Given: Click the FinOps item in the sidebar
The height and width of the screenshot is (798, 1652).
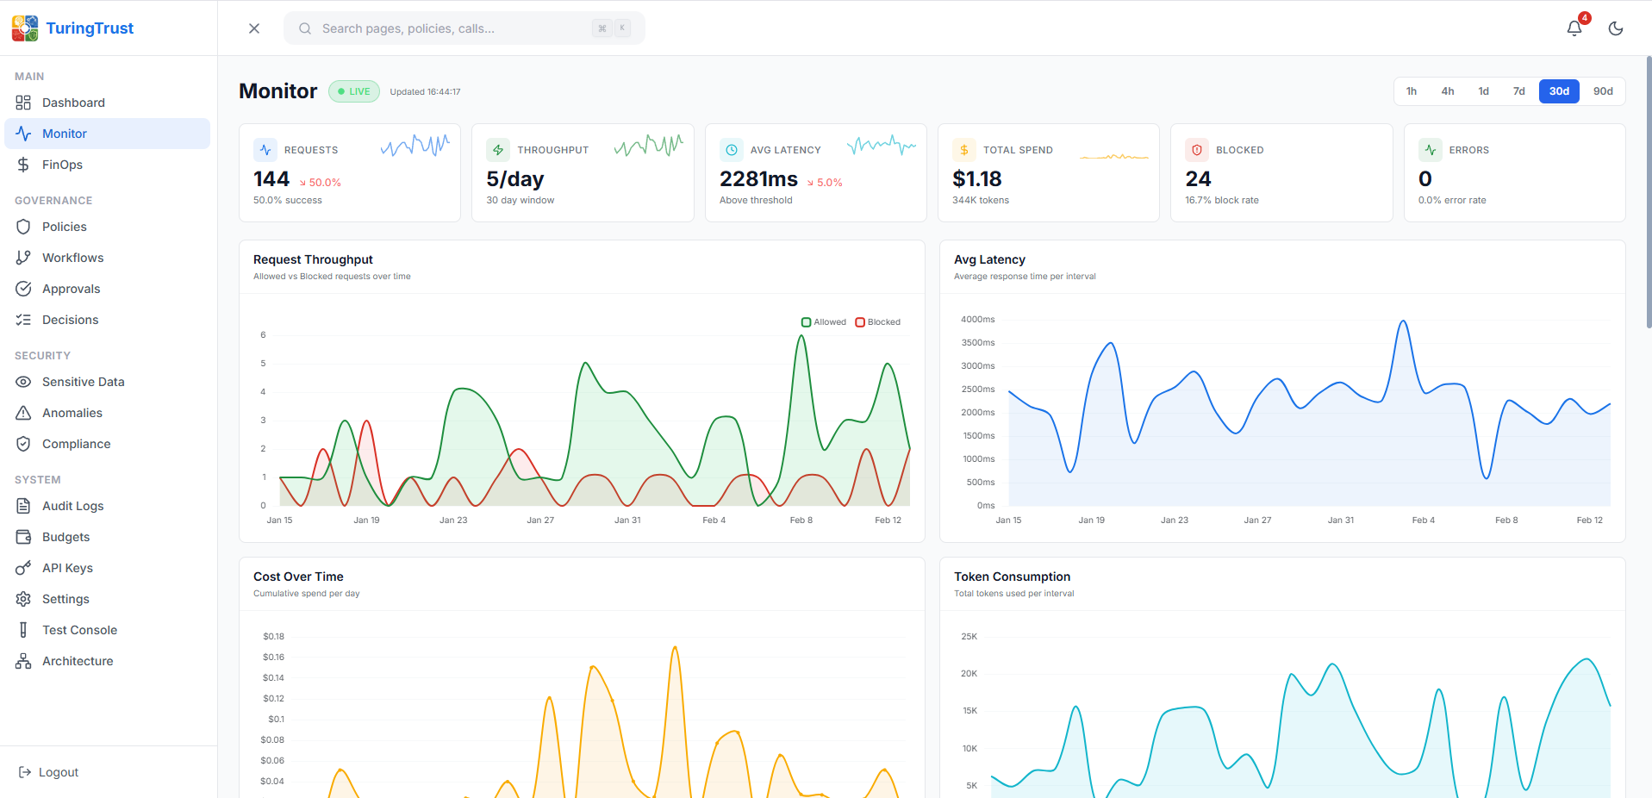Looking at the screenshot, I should pos(62,165).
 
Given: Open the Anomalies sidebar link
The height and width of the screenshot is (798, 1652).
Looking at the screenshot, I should pos(72,413).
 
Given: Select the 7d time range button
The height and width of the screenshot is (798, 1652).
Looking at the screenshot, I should pos(1518,91).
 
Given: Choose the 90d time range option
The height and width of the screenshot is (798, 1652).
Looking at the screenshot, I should pos(1602,91).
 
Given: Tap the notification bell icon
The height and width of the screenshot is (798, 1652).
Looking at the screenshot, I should pos(1574,28).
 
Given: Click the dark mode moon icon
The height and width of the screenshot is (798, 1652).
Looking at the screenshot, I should pos(1615,28).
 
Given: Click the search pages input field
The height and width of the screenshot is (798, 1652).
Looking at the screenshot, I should pos(448,28).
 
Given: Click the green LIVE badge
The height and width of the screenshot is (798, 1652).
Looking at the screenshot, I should pos(354,91).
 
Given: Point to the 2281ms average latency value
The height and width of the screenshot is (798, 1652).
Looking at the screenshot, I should pos(758,179).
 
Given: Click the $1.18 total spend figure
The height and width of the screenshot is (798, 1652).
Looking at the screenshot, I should pos(976,179).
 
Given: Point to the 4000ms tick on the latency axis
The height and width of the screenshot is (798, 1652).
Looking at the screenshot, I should pos(977,320).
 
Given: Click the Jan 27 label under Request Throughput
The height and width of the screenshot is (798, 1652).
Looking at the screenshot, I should pos(540,521).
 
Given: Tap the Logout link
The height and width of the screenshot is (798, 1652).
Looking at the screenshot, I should pos(58,772).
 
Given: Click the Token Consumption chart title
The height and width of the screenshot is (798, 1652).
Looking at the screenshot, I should pos(1012,577).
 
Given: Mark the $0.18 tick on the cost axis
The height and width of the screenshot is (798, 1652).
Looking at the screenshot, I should pos(273,637).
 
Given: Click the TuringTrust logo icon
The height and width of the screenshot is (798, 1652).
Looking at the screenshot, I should pos(25,28).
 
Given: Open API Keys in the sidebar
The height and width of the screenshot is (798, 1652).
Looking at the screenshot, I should pos(67,568).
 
